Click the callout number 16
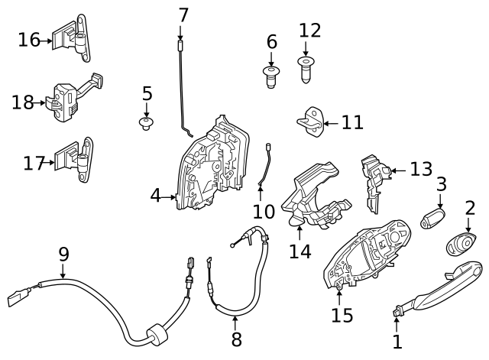(x=29, y=39)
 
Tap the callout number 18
(x=24, y=101)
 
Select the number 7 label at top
(x=183, y=15)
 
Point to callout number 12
(x=310, y=31)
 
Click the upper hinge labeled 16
(x=75, y=38)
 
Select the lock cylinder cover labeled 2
(x=462, y=244)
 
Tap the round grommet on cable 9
(x=155, y=334)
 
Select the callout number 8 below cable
(x=235, y=339)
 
